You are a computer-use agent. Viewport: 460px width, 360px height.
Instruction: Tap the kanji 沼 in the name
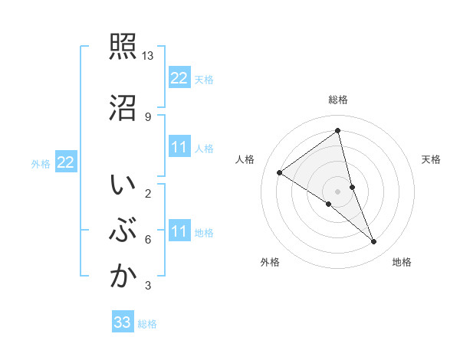pyautogui.click(x=122, y=107)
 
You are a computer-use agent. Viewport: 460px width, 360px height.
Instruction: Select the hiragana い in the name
pyautogui.click(x=122, y=185)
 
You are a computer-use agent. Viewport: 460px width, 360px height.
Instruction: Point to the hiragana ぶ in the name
pyautogui.click(x=122, y=231)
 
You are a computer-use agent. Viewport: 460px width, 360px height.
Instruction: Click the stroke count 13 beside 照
pyautogui.click(x=148, y=57)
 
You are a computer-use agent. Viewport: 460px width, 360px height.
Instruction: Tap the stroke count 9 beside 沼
pyautogui.click(x=147, y=117)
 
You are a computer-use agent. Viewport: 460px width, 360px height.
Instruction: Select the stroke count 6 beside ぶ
pyautogui.click(x=147, y=240)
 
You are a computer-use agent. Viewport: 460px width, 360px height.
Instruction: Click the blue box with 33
pyautogui.click(x=123, y=322)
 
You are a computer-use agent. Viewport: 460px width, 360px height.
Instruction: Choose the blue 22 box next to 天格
pyautogui.click(x=179, y=78)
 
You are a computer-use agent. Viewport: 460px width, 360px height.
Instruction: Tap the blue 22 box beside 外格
pyautogui.click(x=65, y=162)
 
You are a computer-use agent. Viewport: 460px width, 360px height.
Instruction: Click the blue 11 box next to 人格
pyautogui.click(x=179, y=147)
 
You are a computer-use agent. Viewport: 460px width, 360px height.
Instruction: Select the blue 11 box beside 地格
pyautogui.click(x=179, y=231)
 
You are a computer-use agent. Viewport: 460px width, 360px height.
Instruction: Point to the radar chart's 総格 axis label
pyautogui.click(x=337, y=100)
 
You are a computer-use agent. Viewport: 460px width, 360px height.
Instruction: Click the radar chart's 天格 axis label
pyautogui.click(x=431, y=159)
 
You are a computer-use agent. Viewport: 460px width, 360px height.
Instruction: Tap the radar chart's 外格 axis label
pyautogui.click(x=270, y=262)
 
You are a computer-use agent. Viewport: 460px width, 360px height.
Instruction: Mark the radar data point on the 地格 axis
pyautogui.click(x=374, y=242)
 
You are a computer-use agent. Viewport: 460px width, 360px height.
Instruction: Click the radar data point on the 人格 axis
pyautogui.click(x=279, y=172)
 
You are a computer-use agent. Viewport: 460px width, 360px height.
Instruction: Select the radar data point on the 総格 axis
pyautogui.click(x=337, y=130)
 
